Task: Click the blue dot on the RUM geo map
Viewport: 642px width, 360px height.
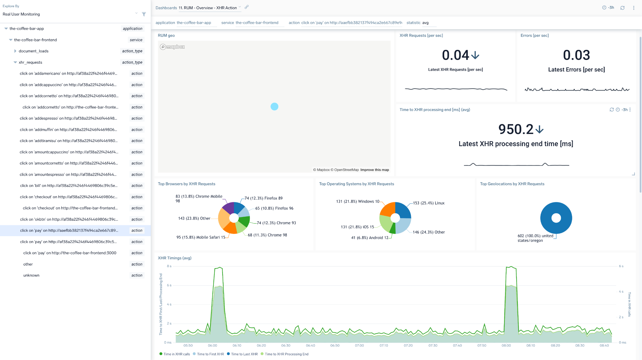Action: (x=274, y=107)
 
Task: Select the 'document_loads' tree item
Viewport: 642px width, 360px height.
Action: (x=34, y=51)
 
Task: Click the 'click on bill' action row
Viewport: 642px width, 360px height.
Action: (x=69, y=186)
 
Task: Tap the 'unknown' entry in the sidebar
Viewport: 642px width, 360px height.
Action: (x=31, y=275)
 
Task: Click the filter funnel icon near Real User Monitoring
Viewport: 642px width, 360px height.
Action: (x=144, y=14)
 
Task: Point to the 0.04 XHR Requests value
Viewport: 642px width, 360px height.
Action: (x=455, y=55)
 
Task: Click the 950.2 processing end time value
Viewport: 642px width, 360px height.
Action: (x=516, y=129)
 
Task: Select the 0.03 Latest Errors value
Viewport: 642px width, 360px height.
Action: (x=576, y=55)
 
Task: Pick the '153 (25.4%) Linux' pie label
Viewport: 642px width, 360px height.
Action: (x=429, y=203)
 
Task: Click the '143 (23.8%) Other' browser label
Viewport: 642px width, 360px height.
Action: (x=194, y=219)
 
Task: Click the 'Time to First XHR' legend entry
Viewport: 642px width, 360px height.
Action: (x=210, y=354)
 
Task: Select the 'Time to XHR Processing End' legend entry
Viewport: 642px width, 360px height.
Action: (x=286, y=354)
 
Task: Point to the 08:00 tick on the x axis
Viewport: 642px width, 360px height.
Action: (x=506, y=346)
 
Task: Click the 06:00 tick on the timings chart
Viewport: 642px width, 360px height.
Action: (x=212, y=346)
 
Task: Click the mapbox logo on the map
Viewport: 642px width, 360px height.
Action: (x=172, y=47)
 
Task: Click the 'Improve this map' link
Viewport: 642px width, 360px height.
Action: (x=375, y=170)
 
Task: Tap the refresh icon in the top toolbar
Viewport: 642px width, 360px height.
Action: (x=622, y=8)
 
